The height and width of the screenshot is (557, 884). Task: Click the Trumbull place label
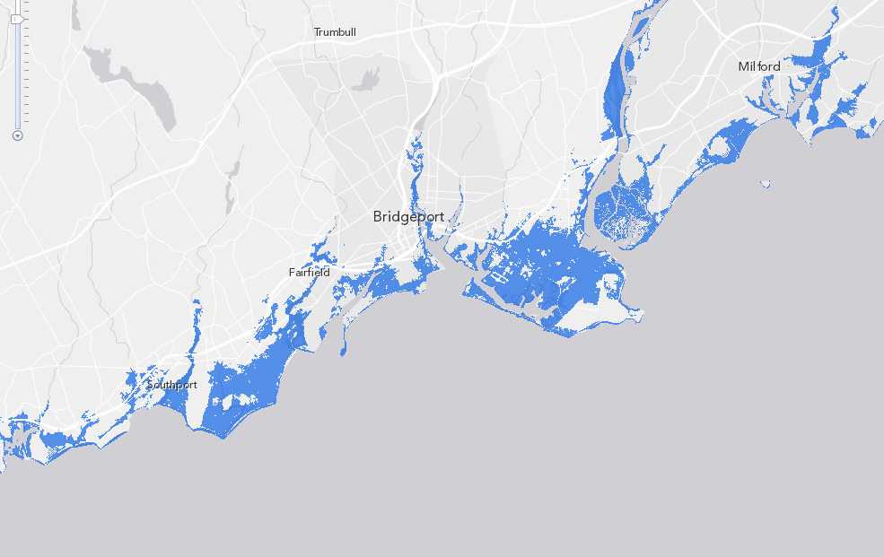click(335, 32)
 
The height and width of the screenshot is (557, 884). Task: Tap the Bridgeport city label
click(408, 217)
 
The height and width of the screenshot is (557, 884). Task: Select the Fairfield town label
click(309, 272)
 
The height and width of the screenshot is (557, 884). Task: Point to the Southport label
click(172, 385)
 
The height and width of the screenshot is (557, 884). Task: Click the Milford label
click(758, 66)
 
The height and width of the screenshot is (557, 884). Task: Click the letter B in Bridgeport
click(379, 217)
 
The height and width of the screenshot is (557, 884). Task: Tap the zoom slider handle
click(17, 18)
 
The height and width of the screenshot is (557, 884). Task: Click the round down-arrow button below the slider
click(17, 135)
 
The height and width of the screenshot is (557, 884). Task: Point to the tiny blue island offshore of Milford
click(765, 184)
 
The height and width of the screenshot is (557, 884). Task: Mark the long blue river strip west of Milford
click(616, 90)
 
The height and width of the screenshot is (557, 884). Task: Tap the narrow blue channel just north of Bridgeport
click(415, 170)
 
